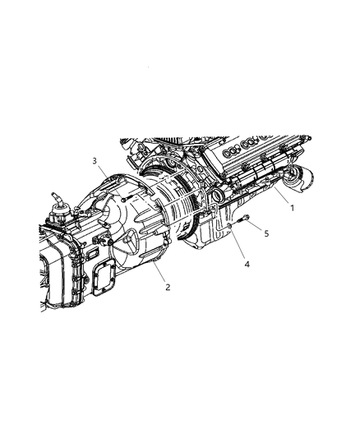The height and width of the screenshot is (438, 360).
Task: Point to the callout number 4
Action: coord(244,264)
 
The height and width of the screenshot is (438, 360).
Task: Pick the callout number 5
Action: coord(265,233)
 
